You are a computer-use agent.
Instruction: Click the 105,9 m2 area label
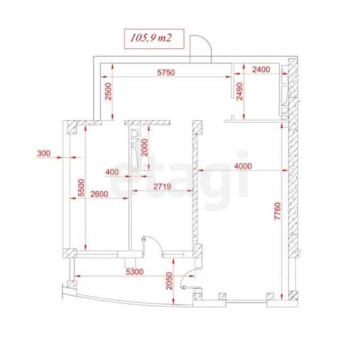(151, 38)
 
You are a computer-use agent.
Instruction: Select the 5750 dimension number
(166, 72)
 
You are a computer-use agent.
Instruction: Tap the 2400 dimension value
(261, 69)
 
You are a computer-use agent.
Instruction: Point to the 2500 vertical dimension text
(108, 91)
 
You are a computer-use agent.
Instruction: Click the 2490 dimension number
(239, 91)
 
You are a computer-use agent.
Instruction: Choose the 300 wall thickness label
(43, 153)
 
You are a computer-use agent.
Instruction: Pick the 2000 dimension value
(144, 148)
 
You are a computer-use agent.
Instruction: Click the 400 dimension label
(112, 172)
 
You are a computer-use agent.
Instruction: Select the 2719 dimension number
(162, 186)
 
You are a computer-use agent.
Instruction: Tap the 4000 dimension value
(243, 166)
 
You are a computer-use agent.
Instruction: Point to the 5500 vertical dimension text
(81, 188)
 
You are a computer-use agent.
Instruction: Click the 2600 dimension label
(99, 194)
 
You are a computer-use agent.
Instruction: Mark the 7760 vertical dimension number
(278, 211)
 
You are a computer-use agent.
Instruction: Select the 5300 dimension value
(135, 272)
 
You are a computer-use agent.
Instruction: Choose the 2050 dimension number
(169, 281)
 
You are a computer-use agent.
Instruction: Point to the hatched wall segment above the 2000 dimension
(147, 123)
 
